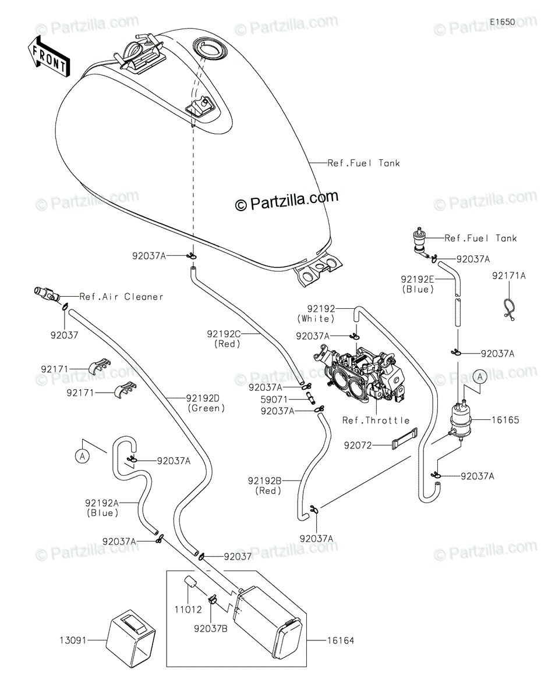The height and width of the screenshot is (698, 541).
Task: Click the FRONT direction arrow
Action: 48,57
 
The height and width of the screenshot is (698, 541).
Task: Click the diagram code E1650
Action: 502,22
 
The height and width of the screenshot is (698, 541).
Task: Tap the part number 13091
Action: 73,640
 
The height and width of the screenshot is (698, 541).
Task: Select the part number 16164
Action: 341,640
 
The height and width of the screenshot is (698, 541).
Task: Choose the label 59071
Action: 274,399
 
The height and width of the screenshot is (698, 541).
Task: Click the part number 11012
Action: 188,610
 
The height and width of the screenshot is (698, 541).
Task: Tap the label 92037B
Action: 211,629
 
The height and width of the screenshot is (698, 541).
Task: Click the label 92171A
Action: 509,276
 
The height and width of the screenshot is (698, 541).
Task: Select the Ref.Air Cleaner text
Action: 121,297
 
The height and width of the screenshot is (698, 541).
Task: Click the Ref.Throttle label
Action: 376,420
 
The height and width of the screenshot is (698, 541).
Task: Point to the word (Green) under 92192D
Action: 206,408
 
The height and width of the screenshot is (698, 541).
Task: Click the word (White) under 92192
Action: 316,319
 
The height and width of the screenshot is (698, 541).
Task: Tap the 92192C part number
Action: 224,334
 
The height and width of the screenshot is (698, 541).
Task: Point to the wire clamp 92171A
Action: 508,309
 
